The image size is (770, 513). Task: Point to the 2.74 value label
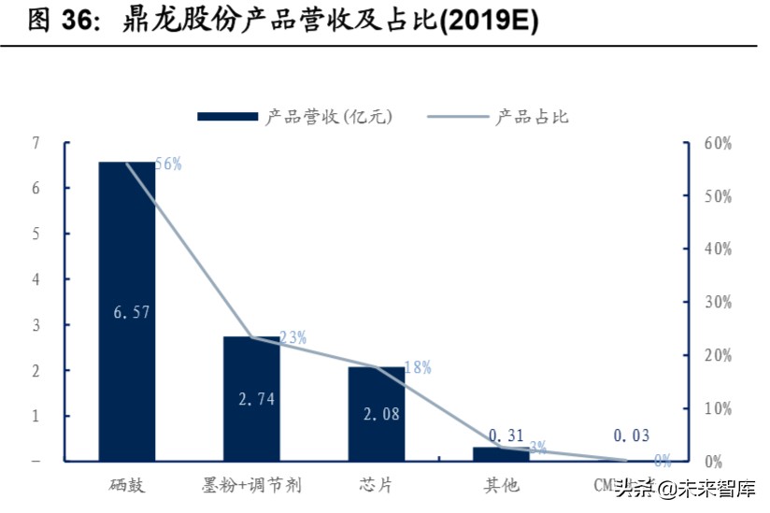tap(256, 399)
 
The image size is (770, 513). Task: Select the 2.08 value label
tap(381, 414)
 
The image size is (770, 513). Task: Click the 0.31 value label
tap(506, 435)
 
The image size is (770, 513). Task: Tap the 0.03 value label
tap(631, 435)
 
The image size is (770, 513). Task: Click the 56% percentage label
tap(168, 164)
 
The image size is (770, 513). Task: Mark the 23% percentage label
tap(292, 337)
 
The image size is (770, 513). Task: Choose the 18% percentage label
tap(418, 367)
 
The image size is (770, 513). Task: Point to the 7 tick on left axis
tap(36, 143)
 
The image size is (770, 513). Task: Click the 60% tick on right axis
tap(718, 143)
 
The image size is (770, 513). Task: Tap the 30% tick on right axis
tap(718, 302)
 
